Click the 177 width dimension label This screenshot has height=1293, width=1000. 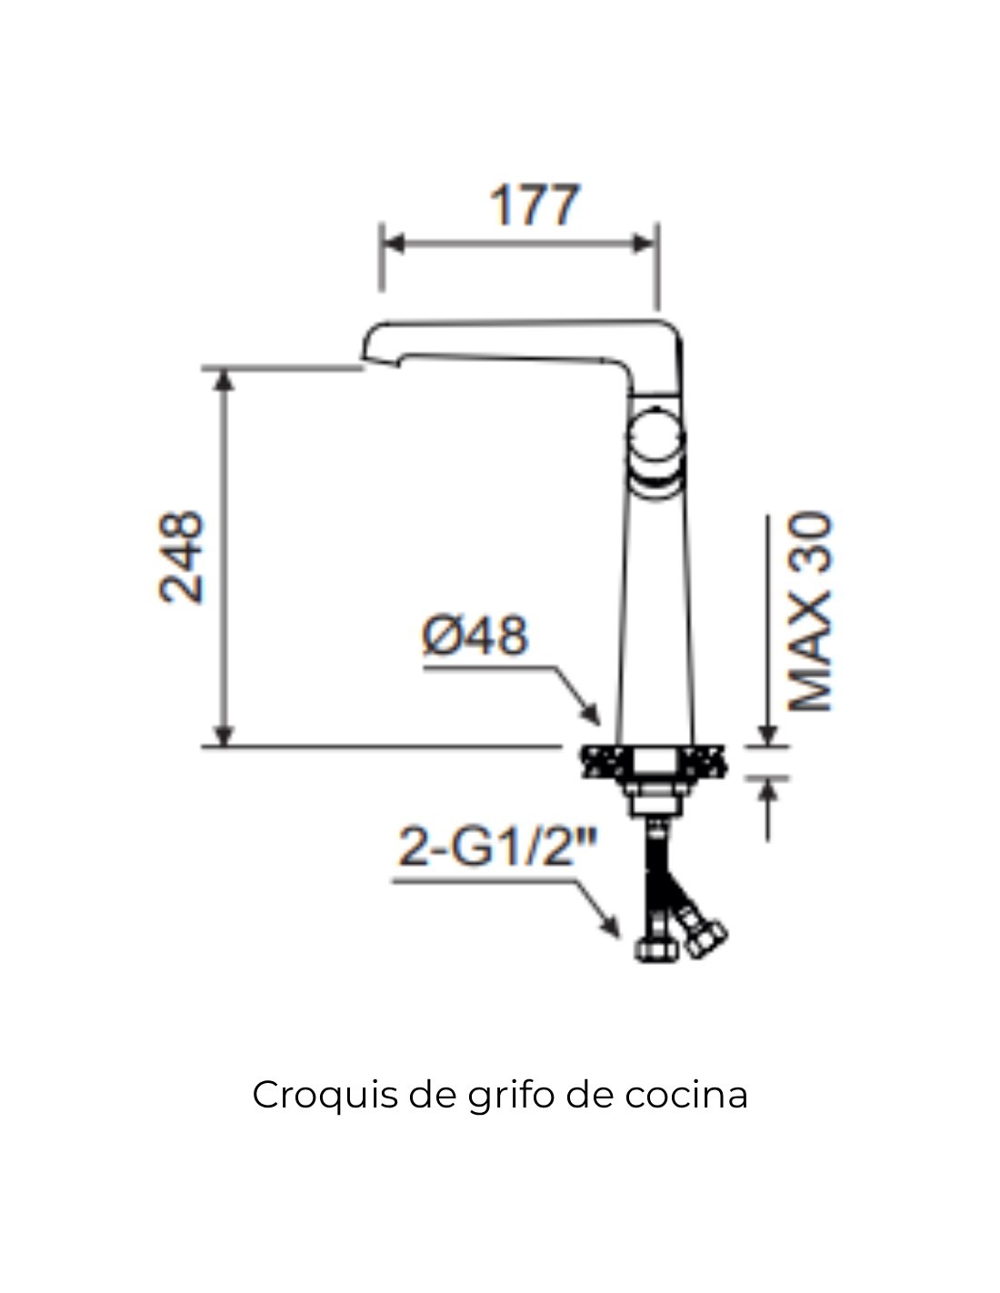(534, 205)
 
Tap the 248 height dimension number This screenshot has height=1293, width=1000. (182, 557)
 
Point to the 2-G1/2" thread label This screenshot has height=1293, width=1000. (496, 847)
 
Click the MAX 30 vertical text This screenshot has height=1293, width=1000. (809, 612)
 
